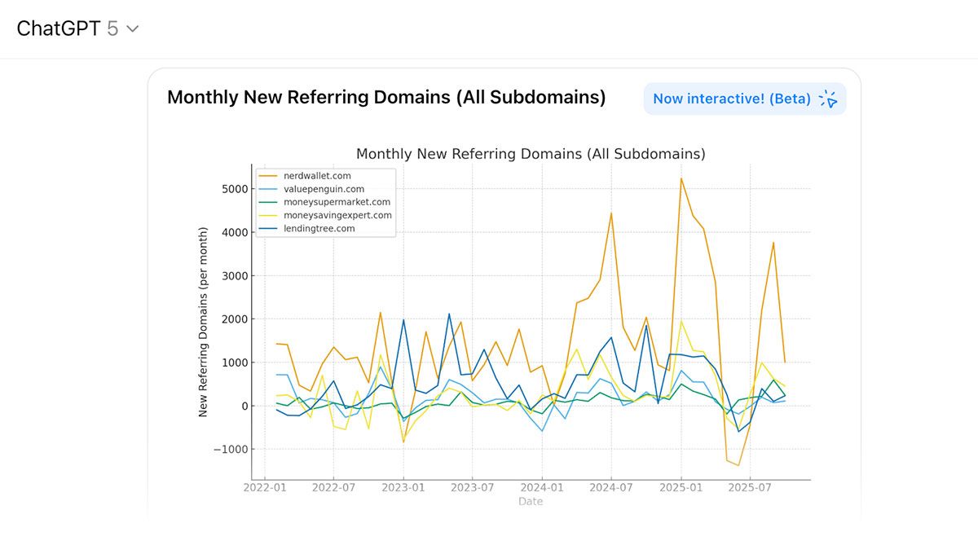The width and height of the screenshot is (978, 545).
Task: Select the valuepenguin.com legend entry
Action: [324, 189]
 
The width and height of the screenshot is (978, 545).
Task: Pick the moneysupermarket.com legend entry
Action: [337, 202]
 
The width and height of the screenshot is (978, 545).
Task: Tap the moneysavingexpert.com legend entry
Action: [337, 215]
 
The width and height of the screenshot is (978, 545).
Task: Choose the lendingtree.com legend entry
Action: [319, 229]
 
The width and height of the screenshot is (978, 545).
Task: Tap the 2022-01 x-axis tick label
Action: [266, 488]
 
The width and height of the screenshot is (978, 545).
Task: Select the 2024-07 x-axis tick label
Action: [611, 488]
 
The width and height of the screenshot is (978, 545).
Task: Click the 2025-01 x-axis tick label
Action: [681, 488]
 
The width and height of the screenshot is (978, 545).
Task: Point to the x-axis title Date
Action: [531, 502]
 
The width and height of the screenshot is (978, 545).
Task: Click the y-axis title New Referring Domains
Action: [204, 322]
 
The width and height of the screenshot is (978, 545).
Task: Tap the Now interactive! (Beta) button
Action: [744, 99]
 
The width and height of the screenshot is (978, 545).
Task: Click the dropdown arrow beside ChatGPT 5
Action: [133, 29]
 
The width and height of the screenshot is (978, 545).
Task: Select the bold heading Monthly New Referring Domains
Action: [386, 98]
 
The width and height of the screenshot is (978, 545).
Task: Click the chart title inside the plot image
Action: [531, 154]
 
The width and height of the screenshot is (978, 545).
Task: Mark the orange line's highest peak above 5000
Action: [681, 178]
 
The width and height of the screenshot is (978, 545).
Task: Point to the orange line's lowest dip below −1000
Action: [738, 465]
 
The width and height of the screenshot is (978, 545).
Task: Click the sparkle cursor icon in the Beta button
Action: [828, 99]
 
